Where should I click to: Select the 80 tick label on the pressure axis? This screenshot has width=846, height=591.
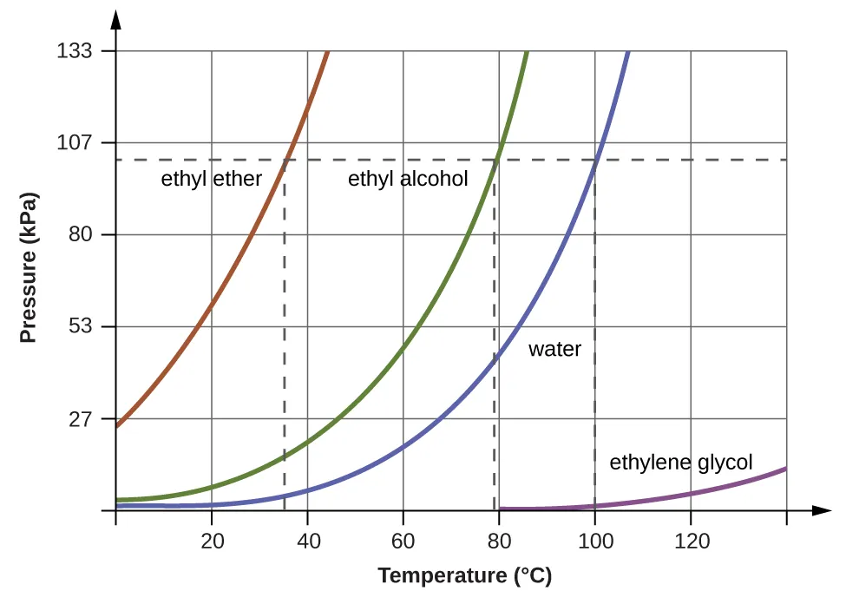81,235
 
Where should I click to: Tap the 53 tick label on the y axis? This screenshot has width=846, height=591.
81,326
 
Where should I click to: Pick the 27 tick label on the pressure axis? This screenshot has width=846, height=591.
81,418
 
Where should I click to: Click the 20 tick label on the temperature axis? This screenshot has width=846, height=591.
212,542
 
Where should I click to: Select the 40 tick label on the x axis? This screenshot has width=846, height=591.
308,542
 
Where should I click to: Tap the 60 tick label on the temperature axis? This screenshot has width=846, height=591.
403,542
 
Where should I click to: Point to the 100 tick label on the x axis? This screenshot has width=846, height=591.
594,542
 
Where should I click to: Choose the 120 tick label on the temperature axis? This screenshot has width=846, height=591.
691,542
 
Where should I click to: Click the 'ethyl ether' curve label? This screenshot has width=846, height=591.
212,180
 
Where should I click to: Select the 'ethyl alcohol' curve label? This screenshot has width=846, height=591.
408,180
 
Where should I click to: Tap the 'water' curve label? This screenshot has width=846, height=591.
554,350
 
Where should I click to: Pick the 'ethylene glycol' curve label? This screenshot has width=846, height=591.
681,462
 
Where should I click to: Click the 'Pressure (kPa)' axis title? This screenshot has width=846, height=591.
30,267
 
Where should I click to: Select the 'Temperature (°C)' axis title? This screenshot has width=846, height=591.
464,575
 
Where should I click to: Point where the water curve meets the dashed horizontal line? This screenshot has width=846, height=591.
596,160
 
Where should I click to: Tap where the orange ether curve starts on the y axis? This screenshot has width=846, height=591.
117,426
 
